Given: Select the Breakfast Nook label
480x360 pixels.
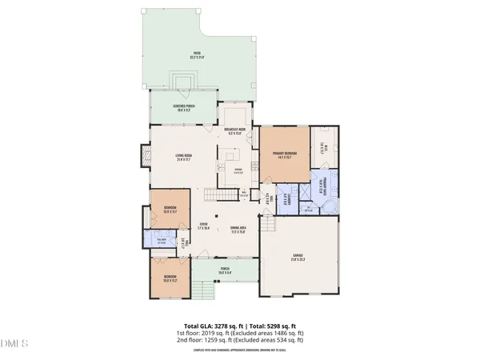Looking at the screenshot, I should click(x=234, y=132).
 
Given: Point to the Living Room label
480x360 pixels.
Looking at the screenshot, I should click(x=186, y=158).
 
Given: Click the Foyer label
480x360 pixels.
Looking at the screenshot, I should click(x=204, y=226).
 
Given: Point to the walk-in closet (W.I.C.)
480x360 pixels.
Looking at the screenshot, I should click(x=324, y=146).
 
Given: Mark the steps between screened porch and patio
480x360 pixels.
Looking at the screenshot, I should click(x=185, y=82).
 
